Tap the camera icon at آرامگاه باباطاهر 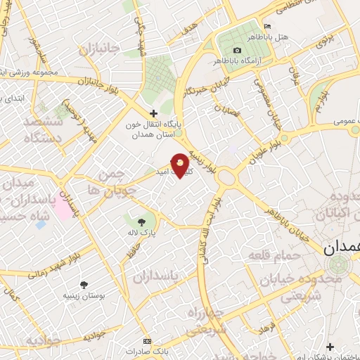pos(237,50)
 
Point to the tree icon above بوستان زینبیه pos(84,284)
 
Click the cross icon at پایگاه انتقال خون pos(153,112)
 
